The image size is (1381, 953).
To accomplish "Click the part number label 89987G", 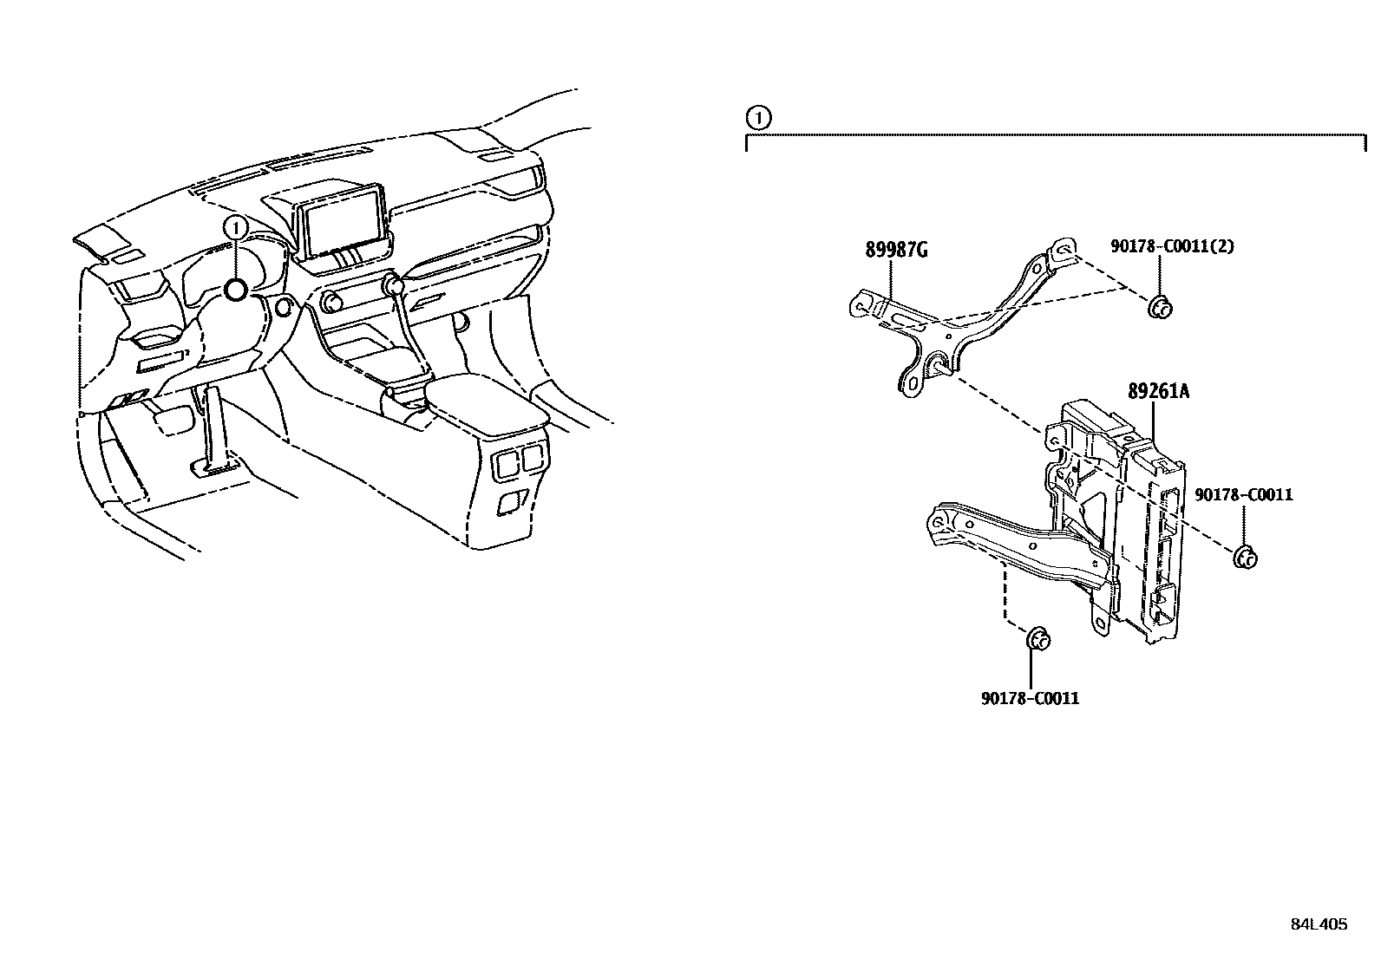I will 896,251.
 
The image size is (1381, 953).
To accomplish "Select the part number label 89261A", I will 1158,391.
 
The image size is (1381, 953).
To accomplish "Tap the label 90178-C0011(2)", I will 1172,246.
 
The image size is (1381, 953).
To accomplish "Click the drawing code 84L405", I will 1319,924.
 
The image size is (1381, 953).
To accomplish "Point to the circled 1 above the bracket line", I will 757,116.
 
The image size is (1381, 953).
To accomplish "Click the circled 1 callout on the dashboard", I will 236,227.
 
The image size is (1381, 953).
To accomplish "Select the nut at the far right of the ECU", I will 1246,557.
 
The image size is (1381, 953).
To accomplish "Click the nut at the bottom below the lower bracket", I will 1037,640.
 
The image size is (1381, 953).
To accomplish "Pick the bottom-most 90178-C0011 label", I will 1030,698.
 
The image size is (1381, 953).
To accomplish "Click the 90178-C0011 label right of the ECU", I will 1243,495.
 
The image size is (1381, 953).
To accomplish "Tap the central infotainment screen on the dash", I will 344,221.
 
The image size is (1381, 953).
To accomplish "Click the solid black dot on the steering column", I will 236,290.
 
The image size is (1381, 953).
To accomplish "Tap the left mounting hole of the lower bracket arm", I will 939,522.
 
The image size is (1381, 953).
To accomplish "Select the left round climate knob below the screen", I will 331,303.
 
